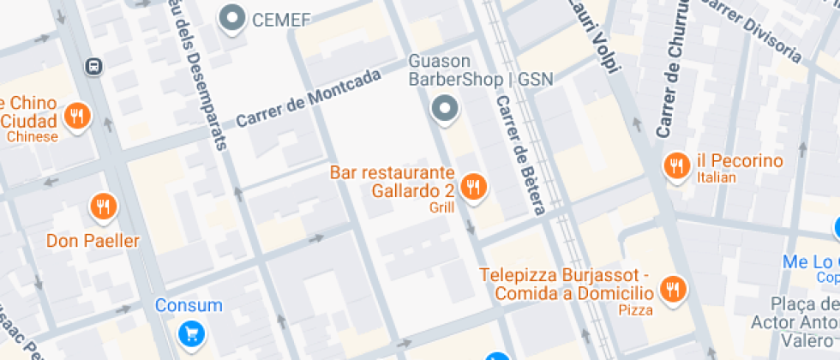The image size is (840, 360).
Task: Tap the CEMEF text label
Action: coord(281,19)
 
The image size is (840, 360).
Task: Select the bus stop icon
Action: coord(93,66)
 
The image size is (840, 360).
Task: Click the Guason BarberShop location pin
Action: coord(444,109)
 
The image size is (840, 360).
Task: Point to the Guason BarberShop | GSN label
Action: coord(479,70)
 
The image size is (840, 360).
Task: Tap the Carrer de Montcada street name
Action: coord(308,99)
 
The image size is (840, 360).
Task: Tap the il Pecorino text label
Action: coord(740,161)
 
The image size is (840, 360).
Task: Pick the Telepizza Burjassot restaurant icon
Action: coord(674,290)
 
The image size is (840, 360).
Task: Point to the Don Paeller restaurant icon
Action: coord(103,206)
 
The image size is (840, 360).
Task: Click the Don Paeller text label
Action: coord(93,241)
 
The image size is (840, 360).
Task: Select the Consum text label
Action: coord(189,305)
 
